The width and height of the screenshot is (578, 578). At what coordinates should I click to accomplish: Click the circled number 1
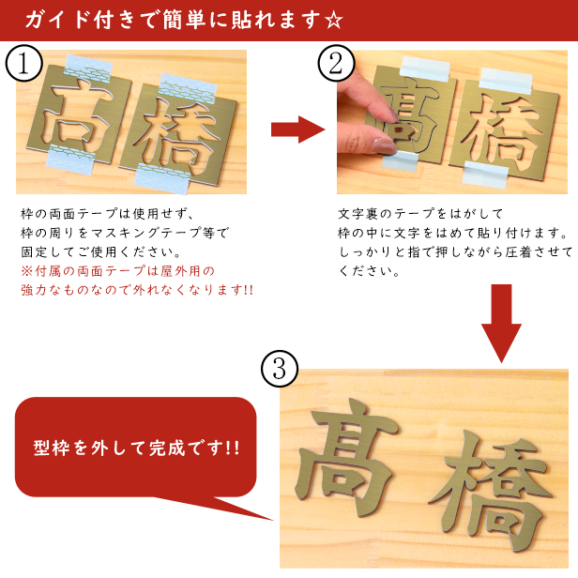[24, 63]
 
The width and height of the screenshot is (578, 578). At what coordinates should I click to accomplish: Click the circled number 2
[336, 63]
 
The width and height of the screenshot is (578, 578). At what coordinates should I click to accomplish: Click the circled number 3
[280, 369]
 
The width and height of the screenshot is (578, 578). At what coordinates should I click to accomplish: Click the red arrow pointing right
[297, 129]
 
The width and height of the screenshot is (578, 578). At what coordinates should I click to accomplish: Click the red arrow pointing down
[501, 323]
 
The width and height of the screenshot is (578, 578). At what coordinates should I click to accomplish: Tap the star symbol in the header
[334, 21]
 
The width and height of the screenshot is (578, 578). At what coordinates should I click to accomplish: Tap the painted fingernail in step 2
[384, 145]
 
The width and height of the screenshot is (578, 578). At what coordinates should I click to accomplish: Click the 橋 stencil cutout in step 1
[175, 134]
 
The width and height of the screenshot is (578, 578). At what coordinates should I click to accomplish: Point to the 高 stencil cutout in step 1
[78, 114]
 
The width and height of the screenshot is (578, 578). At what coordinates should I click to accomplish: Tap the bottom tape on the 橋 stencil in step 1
[162, 179]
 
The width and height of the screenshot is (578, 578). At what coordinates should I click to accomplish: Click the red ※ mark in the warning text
[27, 271]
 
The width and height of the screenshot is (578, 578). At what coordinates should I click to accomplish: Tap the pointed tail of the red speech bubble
[272, 520]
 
